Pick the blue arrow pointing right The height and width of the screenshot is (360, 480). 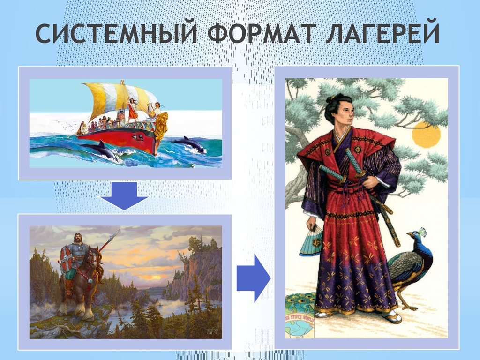(253, 278)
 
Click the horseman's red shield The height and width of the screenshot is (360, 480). (66, 258)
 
